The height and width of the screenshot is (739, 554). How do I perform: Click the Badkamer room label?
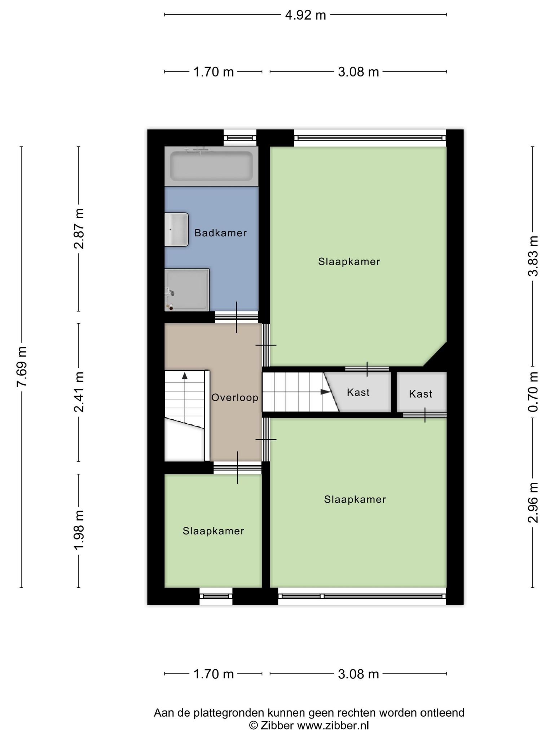pos(220,233)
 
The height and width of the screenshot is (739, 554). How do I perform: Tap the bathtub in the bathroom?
pos(211,166)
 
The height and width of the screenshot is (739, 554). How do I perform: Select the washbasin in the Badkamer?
pos(177,229)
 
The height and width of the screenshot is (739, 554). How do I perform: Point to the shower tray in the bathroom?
pos(187,290)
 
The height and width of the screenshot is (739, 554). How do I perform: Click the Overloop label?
pos(235,398)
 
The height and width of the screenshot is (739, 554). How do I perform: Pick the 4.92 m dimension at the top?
pos(305,15)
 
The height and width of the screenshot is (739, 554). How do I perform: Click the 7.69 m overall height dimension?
pos(22,367)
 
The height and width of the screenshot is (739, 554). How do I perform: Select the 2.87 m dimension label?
pos(79,229)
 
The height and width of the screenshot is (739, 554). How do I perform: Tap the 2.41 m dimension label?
pos(79,392)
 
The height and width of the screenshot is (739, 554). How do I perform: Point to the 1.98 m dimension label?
pos(79,530)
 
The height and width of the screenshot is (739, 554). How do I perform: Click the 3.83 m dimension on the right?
pos(533,256)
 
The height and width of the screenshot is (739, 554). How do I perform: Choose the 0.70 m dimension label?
pos(533,392)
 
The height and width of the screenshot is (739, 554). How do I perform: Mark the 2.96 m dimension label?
pos(533,503)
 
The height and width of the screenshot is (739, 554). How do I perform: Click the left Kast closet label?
pos(358,392)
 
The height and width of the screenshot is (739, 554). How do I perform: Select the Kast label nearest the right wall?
pos(421,394)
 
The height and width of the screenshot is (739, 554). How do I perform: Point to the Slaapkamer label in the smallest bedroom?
pos(214,531)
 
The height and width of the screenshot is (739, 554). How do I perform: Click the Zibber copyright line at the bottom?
pos(309,725)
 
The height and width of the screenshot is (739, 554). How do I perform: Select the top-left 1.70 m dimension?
pos(214,72)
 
